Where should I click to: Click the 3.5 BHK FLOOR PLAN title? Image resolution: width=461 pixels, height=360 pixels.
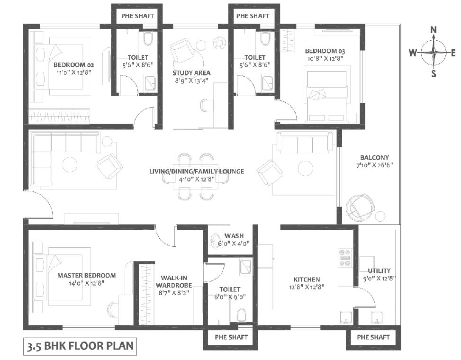[x=80, y=346]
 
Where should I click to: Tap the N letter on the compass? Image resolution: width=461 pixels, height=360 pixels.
[x=434, y=30]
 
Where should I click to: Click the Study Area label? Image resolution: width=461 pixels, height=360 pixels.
[x=191, y=73]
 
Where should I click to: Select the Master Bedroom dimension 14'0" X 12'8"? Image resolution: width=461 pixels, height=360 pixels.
[x=87, y=283]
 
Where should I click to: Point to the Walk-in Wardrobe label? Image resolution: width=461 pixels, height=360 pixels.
[x=174, y=281]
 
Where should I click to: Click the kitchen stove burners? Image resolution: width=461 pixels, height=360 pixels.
[x=345, y=258]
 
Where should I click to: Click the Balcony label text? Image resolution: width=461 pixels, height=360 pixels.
[x=375, y=158]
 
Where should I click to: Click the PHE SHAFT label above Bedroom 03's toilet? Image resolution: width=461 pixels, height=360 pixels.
[x=253, y=16]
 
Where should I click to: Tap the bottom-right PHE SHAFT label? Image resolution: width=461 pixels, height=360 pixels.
[x=373, y=337]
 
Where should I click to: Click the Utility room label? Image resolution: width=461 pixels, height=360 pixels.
[x=379, y=271]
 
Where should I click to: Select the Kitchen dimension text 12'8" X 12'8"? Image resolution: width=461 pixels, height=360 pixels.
[x=307, y=287]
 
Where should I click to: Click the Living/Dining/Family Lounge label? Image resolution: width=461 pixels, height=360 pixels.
[x=197, y=171]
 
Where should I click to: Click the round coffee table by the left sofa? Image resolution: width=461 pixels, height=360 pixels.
[x=70, y=164]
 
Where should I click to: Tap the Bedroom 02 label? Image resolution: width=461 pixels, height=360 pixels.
[x=74, y=65]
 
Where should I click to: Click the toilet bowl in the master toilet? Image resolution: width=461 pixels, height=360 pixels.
[x=242, y=315]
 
